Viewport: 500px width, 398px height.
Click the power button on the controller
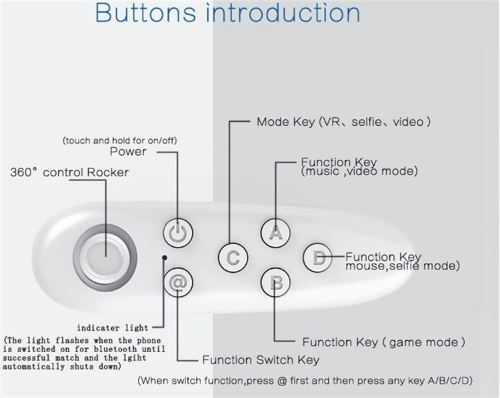(177, 232)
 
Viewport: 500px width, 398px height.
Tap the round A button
(275, 232)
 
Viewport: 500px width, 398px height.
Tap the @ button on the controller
(177, 282)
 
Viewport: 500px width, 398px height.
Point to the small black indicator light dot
(164, 257)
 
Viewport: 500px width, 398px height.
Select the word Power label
(128, 152)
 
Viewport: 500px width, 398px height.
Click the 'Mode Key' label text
(285, 122)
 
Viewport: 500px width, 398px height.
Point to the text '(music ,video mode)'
(359, 172)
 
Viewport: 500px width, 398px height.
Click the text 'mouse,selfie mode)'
(402, 266)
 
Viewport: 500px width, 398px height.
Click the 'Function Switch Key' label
(261, 360)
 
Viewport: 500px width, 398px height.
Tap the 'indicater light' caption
(113, 328)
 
